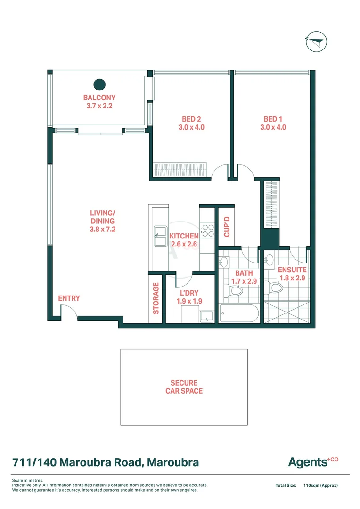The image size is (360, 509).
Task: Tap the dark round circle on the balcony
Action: [x=99, y=85]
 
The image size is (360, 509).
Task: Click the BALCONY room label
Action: [x=99, y=98]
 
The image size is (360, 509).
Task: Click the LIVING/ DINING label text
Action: [x=102, y=217]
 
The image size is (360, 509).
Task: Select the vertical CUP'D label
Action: [x=226, y=226]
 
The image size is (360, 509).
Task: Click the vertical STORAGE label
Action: [x=156, y=298]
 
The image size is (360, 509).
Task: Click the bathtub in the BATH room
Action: [x=239, y=313]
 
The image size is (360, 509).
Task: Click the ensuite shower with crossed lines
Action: [x=286, y=312]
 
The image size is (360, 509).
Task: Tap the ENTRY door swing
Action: [x=68, y=311]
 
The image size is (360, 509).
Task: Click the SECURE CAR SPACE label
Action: [x=184, y=387]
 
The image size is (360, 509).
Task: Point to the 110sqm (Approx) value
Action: [x=320, y=485]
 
